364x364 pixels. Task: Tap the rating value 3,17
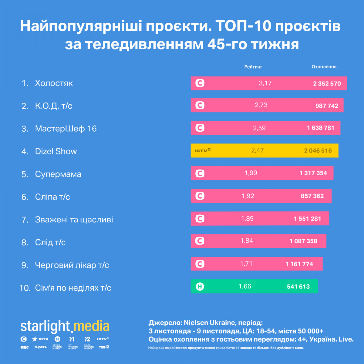point(265,83)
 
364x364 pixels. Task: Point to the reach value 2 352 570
point(327,84)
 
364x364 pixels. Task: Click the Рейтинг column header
point(253,67)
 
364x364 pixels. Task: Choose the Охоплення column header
point(324,67)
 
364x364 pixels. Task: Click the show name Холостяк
point(54,83)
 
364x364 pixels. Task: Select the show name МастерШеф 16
point(66,129)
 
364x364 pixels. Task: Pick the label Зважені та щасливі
point(74,220)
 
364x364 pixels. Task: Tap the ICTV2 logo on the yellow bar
point(202,150)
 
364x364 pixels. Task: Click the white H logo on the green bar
point(200,286)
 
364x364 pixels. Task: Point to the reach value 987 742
point(327,106)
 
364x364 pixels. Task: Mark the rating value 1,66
point(245,286)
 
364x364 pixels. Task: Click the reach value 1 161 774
point(299,264)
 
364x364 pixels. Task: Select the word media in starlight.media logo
point(91,326)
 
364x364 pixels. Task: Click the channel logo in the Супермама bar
point(200,173)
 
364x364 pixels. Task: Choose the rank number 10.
point(25,288)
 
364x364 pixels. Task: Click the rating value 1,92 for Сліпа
point(248,196)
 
